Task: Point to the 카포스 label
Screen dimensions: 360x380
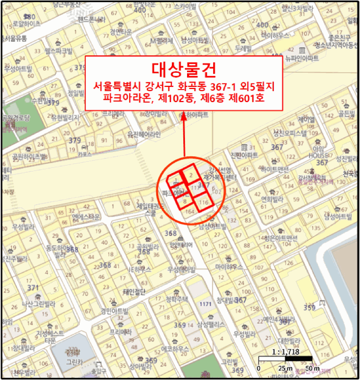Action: pyautogui.click(x=84, y=154)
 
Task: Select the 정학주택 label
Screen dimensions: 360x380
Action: pyautogui.click(x=177, y=299)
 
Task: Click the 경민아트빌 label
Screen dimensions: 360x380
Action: pyautogui.click(x=114, y=312)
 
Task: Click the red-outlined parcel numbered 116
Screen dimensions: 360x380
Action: pyautogui.click(x=203, y=202)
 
